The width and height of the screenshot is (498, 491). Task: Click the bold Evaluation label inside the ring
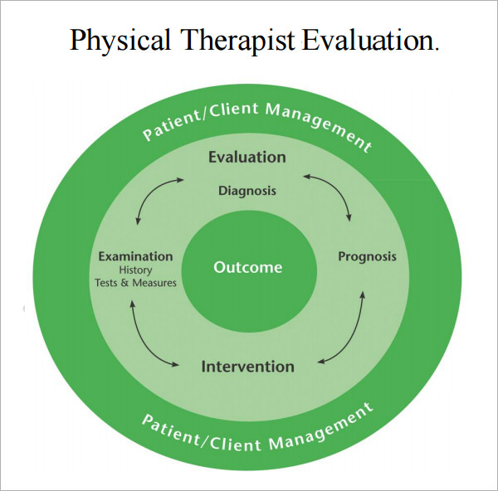[247, 157]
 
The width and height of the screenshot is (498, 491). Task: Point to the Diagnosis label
[247, 191]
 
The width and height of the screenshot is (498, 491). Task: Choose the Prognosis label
[367, 256]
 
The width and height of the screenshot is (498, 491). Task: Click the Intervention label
[247, 366]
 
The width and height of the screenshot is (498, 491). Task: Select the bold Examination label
[135, 256]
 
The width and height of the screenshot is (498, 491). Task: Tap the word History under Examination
[135, 270]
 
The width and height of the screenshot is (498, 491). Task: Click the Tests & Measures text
[135, 283]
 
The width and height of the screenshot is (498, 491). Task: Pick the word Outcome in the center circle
[248, 267]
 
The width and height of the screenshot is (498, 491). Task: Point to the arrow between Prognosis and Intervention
[349, 332]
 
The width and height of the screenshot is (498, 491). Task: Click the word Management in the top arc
[320, 125]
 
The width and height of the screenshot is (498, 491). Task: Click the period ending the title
[437, 48]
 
